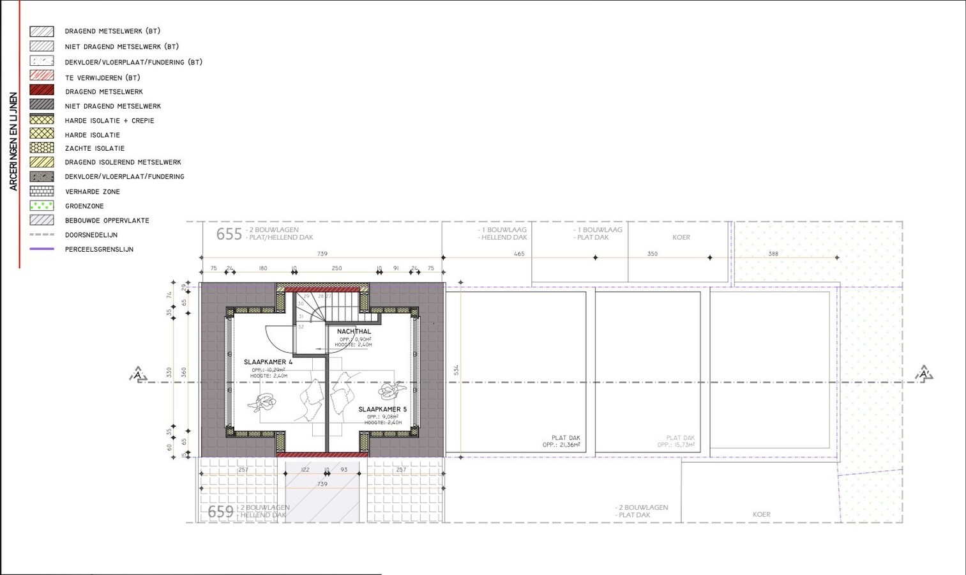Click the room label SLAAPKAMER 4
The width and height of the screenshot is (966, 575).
[x=268, y=362]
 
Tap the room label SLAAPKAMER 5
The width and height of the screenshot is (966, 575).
[x=382, y=410]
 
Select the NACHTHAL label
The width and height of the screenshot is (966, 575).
[x=354, y=332]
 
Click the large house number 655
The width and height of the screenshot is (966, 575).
[x=229, y=234]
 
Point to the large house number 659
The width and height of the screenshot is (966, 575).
[x=220, y=512]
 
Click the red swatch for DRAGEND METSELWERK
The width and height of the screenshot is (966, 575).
[x=42, y=91]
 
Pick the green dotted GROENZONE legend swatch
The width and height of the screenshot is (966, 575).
[x=42, y=206]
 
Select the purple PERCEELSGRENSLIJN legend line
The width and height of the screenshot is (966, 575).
[x=42, y=249]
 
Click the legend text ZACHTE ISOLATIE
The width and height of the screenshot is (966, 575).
[x=94, y=148]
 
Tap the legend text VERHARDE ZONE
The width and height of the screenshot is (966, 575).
[x=92, y=192]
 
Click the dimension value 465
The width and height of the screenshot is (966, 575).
[x=519, y=254]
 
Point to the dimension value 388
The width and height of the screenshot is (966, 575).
[x=773, y=254]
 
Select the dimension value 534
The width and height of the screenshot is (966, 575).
[x=457, y=370]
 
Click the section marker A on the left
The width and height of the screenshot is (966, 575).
[x=138, y=374]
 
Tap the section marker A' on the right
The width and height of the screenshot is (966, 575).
[x=924, y=374]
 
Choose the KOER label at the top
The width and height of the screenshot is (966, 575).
[x=681, y=238]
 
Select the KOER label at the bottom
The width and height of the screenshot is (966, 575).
[x=761, y=514]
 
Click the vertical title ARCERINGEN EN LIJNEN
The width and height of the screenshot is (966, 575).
[x=13, y=141]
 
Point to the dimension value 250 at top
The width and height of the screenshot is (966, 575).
[x=336, y=268]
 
